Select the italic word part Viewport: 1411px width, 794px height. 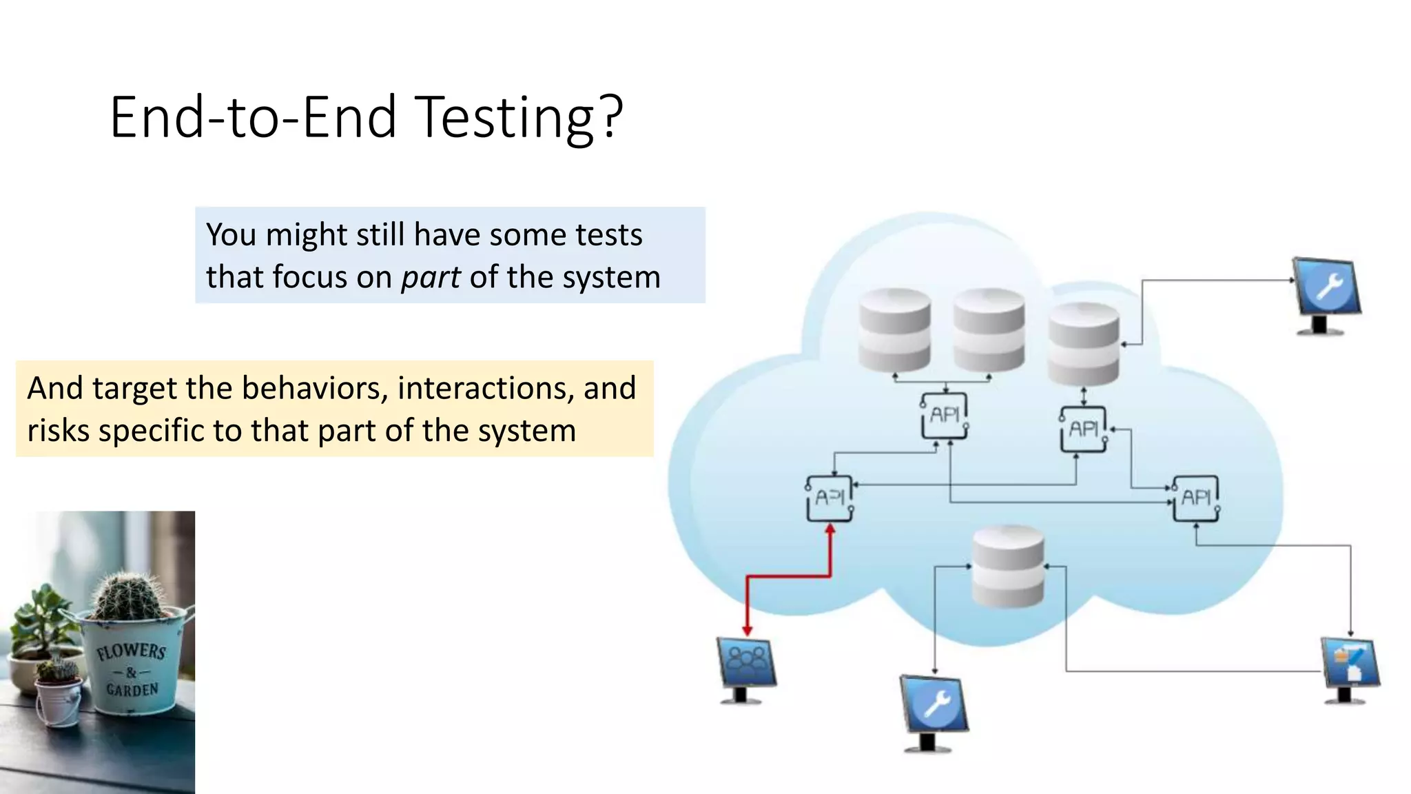click(431, 278)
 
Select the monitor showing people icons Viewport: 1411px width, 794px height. click(746, 667)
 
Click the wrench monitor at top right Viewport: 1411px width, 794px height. click(1327, 292)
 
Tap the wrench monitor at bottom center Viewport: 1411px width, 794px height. click(934, 710)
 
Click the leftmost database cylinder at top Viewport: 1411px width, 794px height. click(895, 329)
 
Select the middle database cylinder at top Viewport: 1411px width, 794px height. click(989, 329)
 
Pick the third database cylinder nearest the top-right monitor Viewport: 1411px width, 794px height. click(1083, 343)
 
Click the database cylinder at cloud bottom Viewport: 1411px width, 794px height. click(1008, 565)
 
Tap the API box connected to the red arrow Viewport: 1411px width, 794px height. click(830, 498)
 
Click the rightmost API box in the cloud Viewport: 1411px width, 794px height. click(1197, 498)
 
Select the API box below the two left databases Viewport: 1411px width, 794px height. click(945, 415)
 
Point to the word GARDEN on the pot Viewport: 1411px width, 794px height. click(132, 689)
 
